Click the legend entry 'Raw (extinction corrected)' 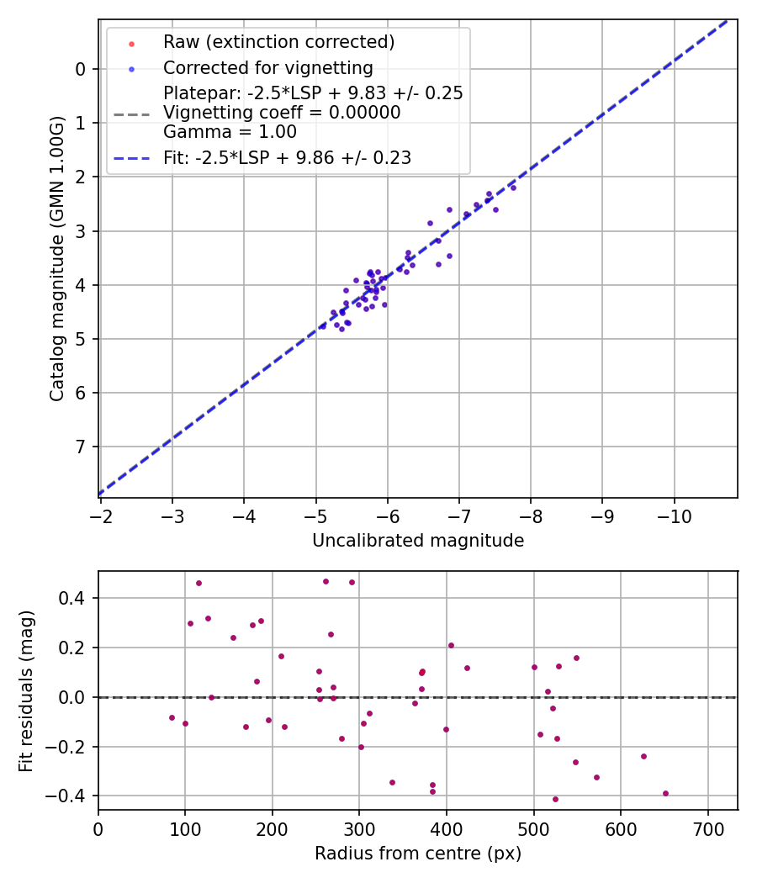278,41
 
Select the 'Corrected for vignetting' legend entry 267,67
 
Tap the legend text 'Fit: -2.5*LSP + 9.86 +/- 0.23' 287,157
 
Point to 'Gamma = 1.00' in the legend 230,131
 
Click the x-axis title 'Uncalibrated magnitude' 418,541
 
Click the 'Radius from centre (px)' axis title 418,854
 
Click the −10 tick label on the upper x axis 674,516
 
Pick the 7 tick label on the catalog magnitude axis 82,447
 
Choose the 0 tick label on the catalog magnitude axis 82,69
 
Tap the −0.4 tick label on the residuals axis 70,796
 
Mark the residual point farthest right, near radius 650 665,793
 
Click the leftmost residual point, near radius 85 172,717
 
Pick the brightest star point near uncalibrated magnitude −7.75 513,188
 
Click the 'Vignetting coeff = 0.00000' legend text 282,113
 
